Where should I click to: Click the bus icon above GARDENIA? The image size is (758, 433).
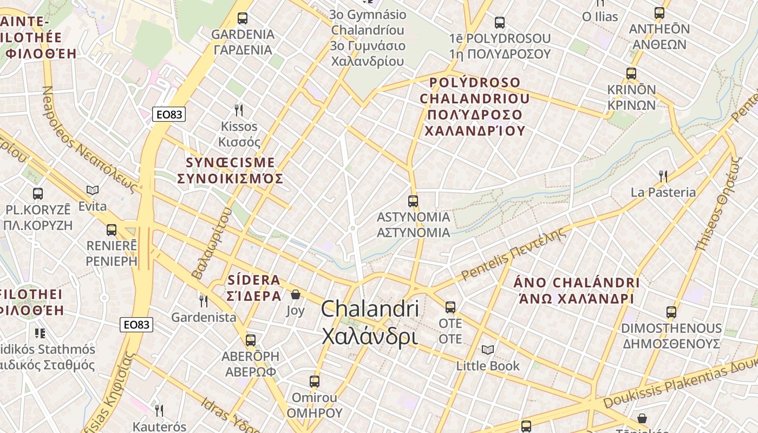coord(243,18)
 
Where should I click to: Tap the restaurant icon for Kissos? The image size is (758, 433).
coord(238,110)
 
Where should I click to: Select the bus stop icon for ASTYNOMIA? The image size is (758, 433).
coord(413,201)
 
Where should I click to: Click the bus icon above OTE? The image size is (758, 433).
coord(450,307)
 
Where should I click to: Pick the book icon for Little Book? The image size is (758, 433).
coord(488,350)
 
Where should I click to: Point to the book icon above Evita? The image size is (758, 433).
coord(93,191)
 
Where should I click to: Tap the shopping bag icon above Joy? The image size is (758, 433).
coord(296,294)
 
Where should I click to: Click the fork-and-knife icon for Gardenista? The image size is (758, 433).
coord(204,301)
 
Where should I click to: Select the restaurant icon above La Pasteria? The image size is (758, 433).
coord(663,176)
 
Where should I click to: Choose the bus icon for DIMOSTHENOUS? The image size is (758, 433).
coord(671,312)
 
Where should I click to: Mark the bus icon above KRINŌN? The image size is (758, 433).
coord(631,74)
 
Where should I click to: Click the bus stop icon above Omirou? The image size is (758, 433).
coord(315,382)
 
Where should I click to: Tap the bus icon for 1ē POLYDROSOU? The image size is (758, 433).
coord(499,23)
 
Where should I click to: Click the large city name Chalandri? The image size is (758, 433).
coord(370,309)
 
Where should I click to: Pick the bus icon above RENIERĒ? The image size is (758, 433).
coord(112,230)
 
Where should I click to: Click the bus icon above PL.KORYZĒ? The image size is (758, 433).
coord(38,194)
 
